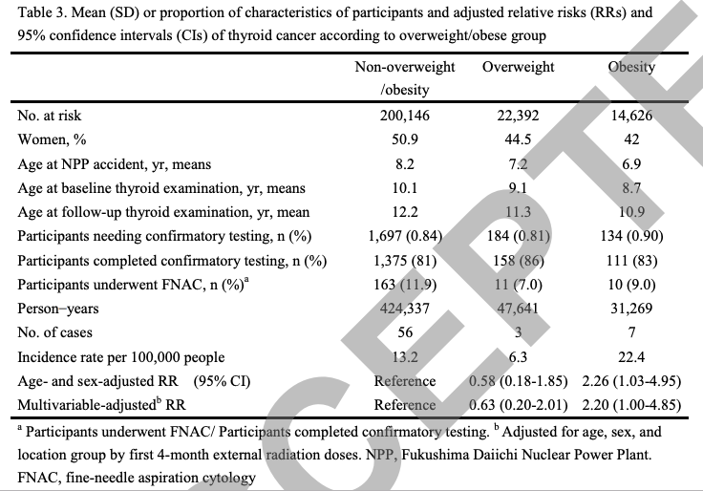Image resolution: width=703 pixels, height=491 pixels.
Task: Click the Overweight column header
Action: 519,67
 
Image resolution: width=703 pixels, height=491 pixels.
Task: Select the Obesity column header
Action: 631,67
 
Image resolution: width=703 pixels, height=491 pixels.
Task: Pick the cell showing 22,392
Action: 519,116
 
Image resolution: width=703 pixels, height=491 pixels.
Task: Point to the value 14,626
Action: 631,116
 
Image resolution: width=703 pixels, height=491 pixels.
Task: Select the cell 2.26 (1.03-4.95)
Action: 631,381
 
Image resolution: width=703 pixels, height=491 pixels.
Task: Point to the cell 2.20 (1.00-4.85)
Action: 631,404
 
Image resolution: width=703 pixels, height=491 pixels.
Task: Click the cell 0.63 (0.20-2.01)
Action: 518,404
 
